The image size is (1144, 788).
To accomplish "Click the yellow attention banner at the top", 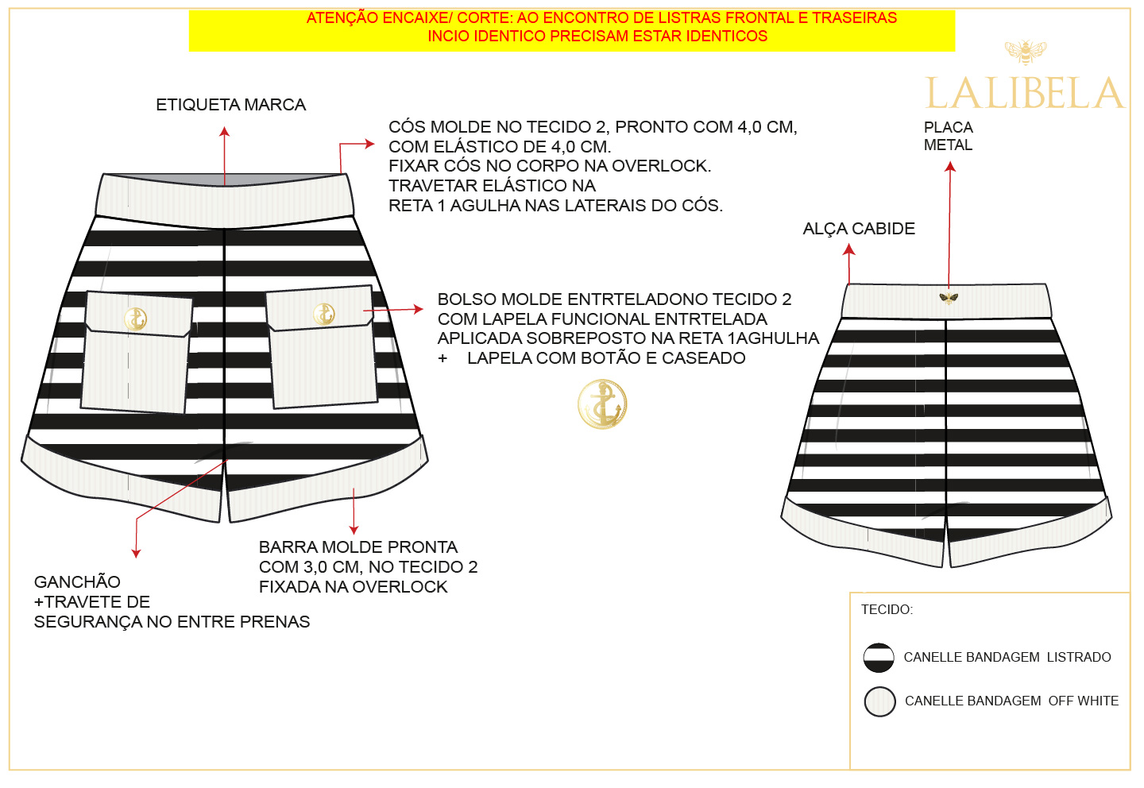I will pyautogui.click(x=571, y=31).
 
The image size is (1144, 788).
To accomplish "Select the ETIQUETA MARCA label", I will pyautogui.click(x=230, y=105).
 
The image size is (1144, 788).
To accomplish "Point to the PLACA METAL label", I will pyautogui.click(x=948, y=136).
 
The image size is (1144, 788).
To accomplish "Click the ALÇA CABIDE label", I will pyautogui.click(x=859, y=229).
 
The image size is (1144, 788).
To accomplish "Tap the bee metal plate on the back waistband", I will pyautogui.click(x=949, y=299).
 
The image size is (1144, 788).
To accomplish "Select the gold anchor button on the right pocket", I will pyautogui.click(x=323, y=314).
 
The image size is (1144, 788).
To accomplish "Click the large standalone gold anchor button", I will pyautogui.click(x=602, y=404).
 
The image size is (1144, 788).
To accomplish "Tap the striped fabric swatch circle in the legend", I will pyautogui.click(x=879, y=658).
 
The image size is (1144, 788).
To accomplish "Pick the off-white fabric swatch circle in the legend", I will pyautogui.click(x=879, y=701).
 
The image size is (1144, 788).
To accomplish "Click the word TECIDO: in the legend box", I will pyautogui.click(x=887, y=610).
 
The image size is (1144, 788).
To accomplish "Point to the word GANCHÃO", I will pyautogui.click(x=77, y=581).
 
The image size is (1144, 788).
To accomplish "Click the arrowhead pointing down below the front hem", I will pyautogui.click(x=354, y=529).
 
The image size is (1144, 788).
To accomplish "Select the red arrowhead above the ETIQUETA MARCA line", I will pyautogui.click(x=225, y=131).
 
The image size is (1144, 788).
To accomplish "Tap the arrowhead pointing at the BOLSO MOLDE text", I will pyautogui.click(x=419, y=309).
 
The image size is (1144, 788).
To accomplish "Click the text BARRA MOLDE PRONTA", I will pyautogui.click(x=358, y=547).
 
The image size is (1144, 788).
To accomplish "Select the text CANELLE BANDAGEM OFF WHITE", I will pyautogui.click(x=1011, y=701).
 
